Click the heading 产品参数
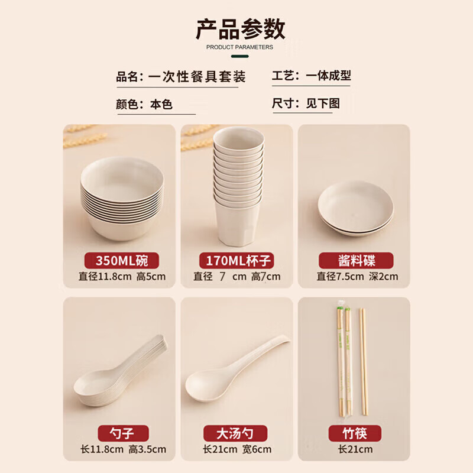pyautogui.click(x=240, y=28)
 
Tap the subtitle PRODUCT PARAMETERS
pyautogui.click(x=239, y=47)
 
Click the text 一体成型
pyautogui.click(x=328, y=76)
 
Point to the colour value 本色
pyautogui.click(x=161, y=105)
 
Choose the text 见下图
pyautogui.click(x=323, y=103)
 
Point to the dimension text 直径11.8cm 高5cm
pyautogui.click(x=122, y=276)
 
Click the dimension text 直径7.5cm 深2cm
pyautogui.click(x=357, y=276)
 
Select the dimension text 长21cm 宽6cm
pyautogui.click(x=237, y=449)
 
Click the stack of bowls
pyautogui.click(x=121, y=198)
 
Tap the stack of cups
pyautogui.click(x=238, y=186)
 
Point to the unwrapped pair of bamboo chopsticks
pyautogui.click(x=362, y=361)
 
